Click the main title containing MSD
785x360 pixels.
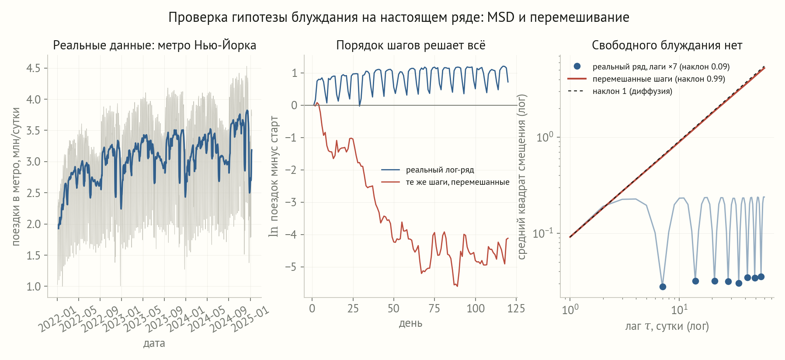pos(399,17)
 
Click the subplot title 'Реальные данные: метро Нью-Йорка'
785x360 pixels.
pos(155,45)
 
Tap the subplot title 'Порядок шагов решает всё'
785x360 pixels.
pos(411,45)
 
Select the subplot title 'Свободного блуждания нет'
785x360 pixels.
pos(667,45)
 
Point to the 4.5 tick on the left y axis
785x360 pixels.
pos(33,68)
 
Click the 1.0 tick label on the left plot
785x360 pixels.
pos(33,287)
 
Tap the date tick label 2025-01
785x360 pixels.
pos(250,318)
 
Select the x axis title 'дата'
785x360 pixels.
pos(154,343)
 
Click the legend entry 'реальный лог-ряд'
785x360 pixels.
pos(440,170)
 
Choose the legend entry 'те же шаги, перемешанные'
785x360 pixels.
pos(458,182)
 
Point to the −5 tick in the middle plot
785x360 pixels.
pos(291,267)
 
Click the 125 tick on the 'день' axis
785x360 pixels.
pos(516,308)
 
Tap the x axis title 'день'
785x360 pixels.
pos(411,323)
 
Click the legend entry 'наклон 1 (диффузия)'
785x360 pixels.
pos(632,91)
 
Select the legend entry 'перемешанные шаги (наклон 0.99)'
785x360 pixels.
pos(659,79)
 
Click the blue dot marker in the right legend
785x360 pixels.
pos(577,66)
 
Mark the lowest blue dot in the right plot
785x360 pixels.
pos(663,287)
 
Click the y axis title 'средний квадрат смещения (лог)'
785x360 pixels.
pos(522,177)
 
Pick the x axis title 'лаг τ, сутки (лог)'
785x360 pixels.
pos(667,326)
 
